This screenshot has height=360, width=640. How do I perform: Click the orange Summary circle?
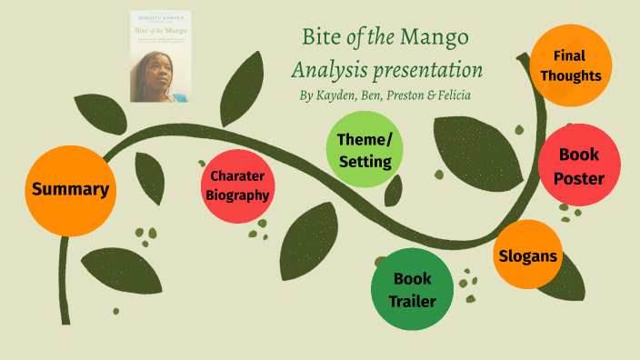point(70,189)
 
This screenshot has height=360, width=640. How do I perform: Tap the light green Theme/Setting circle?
point(364,150)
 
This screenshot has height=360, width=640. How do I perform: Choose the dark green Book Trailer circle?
point(412,289)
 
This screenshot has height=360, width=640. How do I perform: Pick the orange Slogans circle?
point(527,255)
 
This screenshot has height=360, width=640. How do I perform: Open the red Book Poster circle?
point(579,165)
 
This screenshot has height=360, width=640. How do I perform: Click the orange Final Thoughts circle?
point(570,65)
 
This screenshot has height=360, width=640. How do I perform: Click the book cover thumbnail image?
point(160,56)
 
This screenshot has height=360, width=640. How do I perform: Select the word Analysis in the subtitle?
point(326,70)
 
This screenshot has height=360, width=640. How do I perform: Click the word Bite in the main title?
point(320,39)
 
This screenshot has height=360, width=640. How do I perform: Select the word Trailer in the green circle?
point(412,301)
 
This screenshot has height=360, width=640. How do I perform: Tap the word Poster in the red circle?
point(579,178)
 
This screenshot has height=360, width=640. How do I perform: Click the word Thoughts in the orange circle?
point(570,75)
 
